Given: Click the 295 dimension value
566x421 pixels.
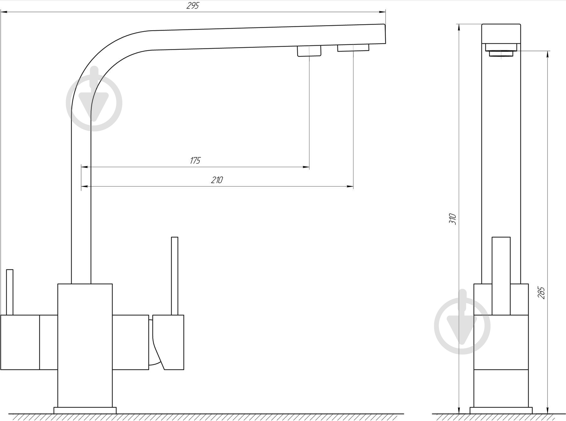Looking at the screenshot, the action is tap(193, 6).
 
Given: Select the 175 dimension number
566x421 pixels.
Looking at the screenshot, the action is tap(195, 161).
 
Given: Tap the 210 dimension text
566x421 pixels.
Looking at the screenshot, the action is tap(217, 180).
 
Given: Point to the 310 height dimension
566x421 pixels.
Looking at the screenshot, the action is tap(453, 219).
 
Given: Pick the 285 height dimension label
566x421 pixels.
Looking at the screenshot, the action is tap(541, 293).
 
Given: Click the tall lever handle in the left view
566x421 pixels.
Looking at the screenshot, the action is tap(175, 276).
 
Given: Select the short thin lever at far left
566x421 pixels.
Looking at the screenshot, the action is tap(10, 292).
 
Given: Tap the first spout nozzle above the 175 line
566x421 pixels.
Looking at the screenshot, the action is tap(309, 51).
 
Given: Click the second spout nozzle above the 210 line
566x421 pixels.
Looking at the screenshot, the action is tap(353, 48).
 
